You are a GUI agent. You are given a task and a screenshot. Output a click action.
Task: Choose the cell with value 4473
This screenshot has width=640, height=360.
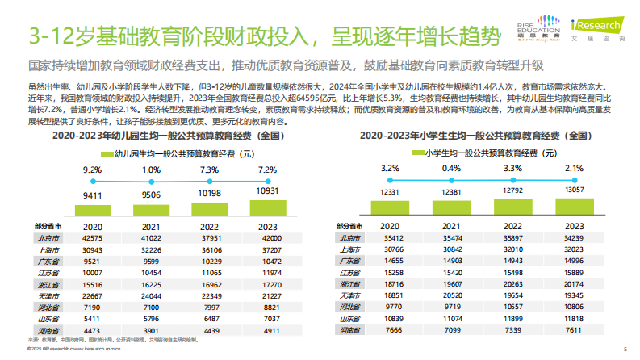click(93, 331)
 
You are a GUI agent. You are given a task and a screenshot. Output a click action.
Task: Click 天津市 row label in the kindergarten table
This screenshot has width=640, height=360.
click(46, 296)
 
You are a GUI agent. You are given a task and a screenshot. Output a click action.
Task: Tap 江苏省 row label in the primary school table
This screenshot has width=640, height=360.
click(349, 273)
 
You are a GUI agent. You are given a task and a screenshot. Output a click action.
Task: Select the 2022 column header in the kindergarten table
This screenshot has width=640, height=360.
click(208, 227)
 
